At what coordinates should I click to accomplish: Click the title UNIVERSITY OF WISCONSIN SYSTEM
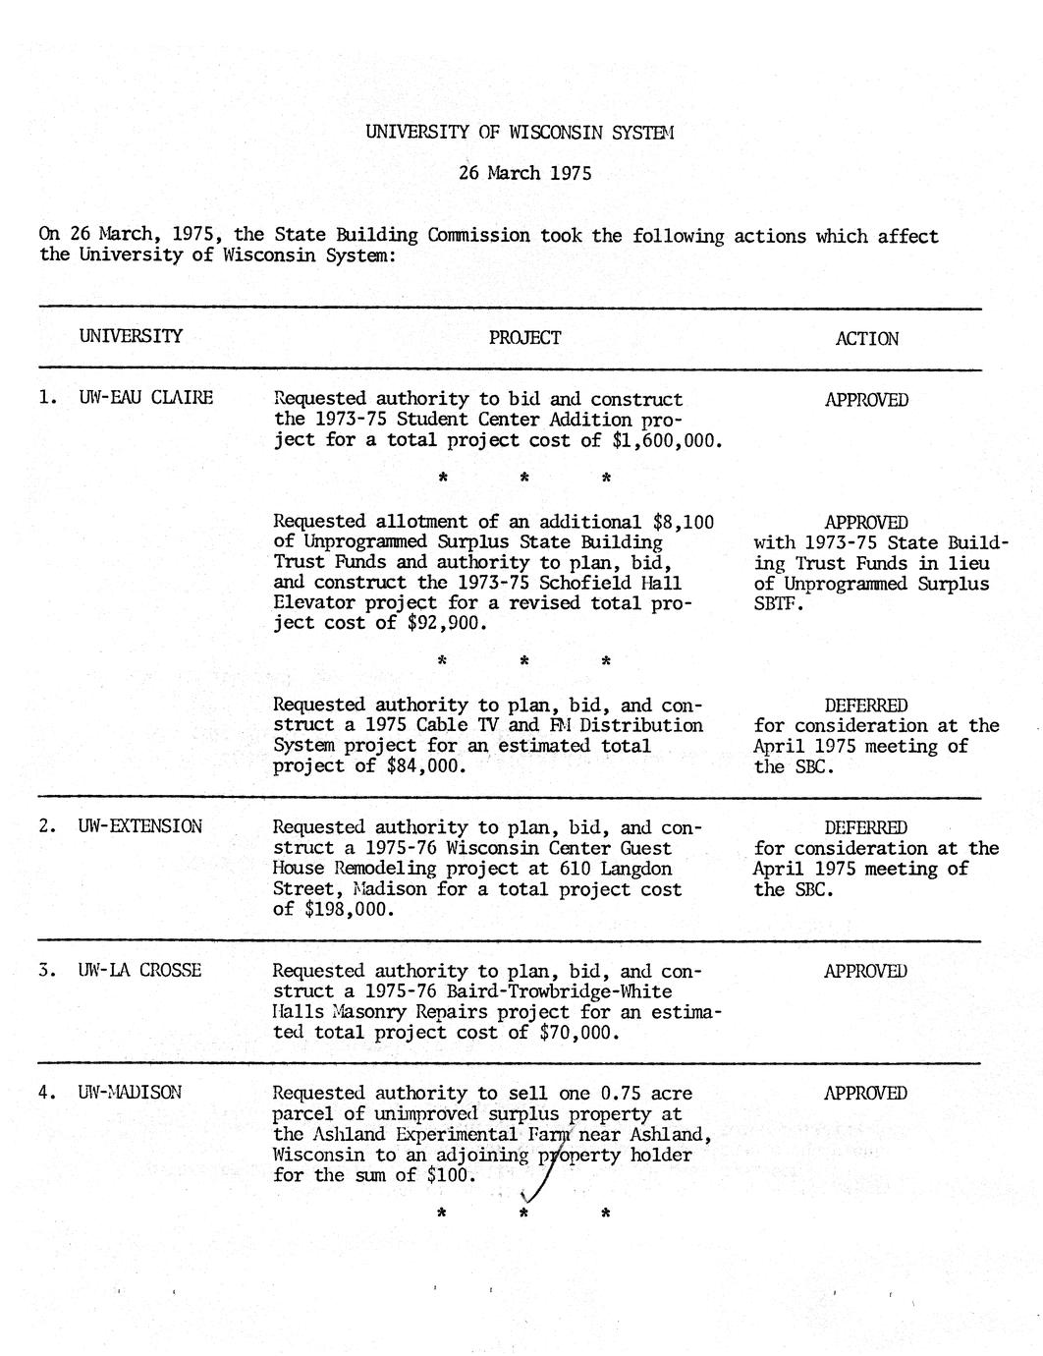pos(520,131)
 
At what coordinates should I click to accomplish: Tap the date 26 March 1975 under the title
pos(525,174)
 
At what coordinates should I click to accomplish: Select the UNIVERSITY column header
pos(131,336)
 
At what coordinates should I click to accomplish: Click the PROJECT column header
pos(525,338)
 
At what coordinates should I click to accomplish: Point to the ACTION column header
pos(866,339)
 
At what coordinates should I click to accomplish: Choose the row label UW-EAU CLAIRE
pos(145,398)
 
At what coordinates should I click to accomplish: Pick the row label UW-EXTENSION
pos(140,826)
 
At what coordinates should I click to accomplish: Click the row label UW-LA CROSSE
pos(139,970)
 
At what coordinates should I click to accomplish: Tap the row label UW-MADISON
pos(130,1093)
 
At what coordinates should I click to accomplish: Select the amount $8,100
pos(684,522)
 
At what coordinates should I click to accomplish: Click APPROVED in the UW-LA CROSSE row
pos(865,971)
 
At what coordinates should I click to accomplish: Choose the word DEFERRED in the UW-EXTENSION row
pos(865,827)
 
